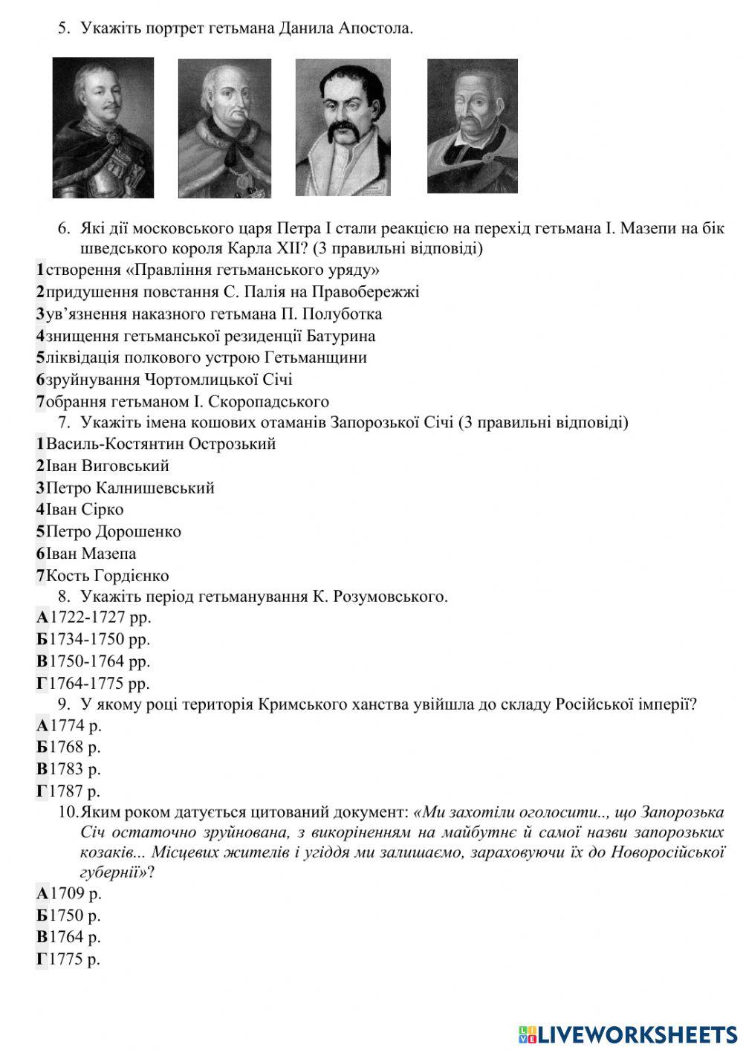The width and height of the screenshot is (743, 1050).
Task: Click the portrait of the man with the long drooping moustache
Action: coord(343,128)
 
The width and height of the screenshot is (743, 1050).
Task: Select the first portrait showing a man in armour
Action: coord(103,128)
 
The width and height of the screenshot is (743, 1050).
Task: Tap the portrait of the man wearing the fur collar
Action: coord(224,128)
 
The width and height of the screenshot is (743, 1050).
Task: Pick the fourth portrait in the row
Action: coord(473,126)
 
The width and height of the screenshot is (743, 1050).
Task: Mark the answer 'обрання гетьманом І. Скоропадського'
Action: coord(187,402)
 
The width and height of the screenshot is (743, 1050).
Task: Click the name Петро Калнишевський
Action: coord(130,488)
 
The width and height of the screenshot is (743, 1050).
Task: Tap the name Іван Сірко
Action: coord(85,510)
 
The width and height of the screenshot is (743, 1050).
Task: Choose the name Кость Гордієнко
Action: coord(107,576)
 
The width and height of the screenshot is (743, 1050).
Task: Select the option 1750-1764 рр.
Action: coord(100,661)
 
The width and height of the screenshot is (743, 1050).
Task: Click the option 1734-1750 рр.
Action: coord(100,639)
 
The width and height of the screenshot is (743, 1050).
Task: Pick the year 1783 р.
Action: coord(75,769)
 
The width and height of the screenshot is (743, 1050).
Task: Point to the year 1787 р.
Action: coord(75,791)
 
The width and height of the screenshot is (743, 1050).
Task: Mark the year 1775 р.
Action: coord(75,959)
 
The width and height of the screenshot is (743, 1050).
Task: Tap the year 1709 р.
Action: coord(75,893)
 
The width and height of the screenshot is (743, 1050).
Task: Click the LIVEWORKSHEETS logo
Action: coord(628,1034)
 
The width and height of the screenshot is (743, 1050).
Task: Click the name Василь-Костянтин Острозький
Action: coord(160,444)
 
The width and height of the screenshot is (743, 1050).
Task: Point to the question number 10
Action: coord(68,811)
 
